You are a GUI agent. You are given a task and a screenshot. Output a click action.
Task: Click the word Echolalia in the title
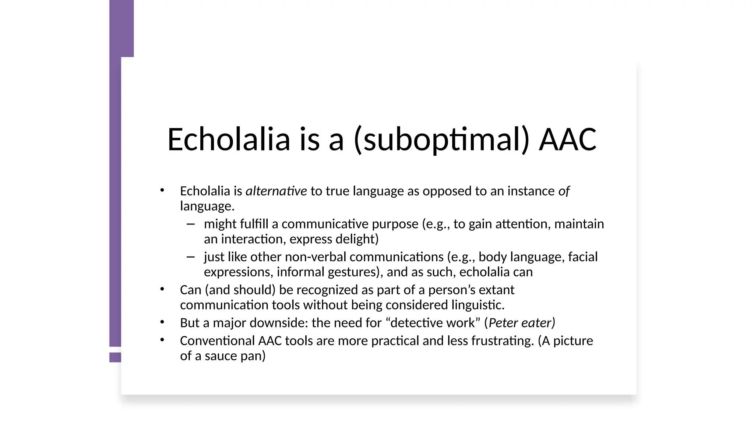[x=229, y=139]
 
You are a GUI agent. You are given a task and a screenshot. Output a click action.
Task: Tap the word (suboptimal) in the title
[x=441, y=139]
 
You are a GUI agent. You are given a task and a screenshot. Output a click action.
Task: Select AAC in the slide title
[x=567, y=139]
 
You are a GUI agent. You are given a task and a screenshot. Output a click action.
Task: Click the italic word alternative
[x=276, y=191]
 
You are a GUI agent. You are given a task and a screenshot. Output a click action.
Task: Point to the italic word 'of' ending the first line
[x=564, y=191]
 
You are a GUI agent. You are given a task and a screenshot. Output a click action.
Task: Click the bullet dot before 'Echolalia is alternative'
[x=162, y=190]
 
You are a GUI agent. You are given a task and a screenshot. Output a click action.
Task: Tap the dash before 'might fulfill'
[x=190, y=224]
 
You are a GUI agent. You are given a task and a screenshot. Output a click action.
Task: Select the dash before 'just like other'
[x=190, y=257]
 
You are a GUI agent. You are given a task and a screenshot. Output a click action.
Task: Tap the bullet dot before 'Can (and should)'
[x=162, y=289]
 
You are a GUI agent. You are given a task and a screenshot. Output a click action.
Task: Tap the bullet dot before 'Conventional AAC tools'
[x=162, y=340]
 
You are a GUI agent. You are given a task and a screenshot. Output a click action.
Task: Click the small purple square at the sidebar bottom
[x=115, y=357]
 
